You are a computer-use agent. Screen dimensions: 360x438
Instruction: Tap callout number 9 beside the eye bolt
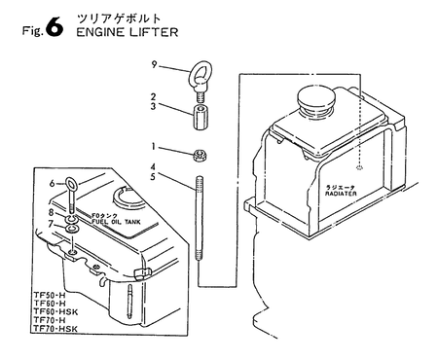click(154, 66)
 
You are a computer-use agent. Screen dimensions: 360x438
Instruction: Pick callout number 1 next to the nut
click(154, 147)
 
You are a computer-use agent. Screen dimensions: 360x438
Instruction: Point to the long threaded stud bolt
click(201, 222)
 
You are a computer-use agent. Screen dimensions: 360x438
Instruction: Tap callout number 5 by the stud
click(154, 178)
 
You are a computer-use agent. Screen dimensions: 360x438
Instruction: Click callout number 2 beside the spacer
click(154, 97)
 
